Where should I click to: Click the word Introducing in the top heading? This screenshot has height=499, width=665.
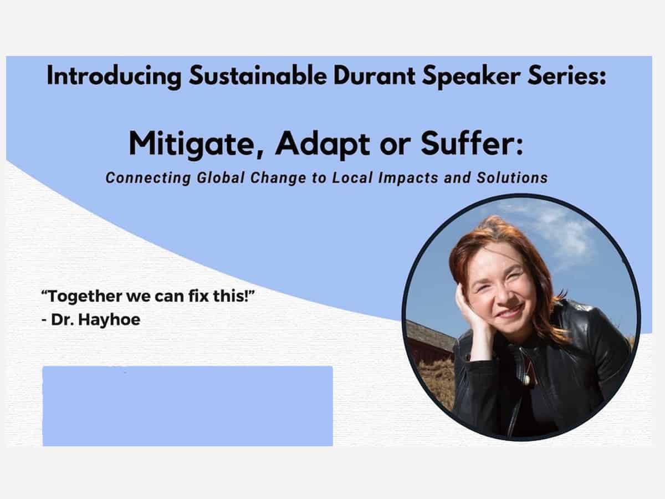(x=114, y=77)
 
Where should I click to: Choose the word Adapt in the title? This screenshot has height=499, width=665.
(x=323, y=145)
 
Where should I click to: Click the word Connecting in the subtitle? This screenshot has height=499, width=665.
(x=148, y=178)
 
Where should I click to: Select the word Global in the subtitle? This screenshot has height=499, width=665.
(x=221, y=177)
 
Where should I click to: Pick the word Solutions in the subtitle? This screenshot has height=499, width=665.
(x=512, y=177)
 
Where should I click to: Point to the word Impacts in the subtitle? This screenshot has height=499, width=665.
(x=408, y=178)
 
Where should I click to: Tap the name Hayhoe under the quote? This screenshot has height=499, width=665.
(x=109, y=320)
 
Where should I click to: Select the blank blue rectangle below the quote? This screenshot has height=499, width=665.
(x=187, y=406)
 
